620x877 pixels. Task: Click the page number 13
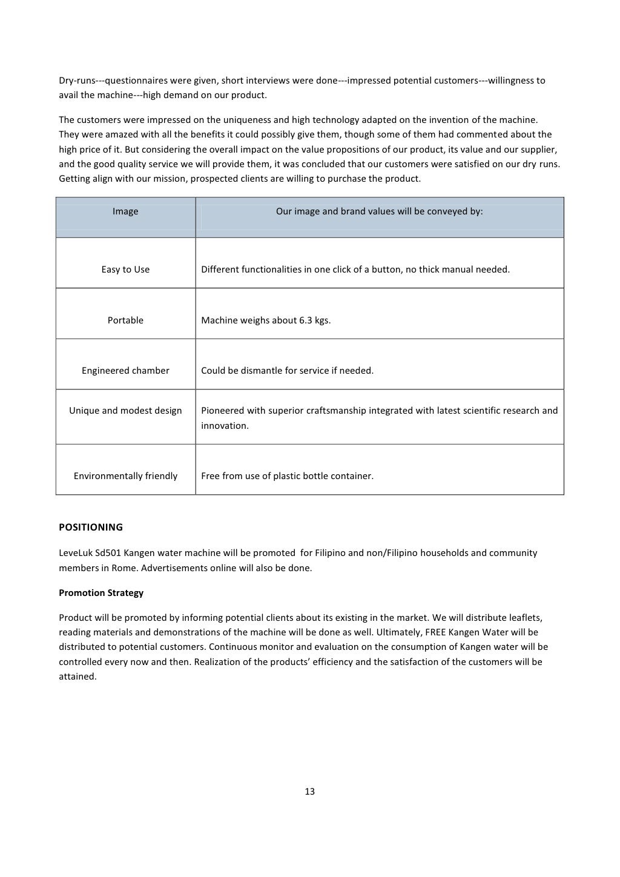[x=309, y=792]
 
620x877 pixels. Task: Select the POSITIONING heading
[x=90, y=527]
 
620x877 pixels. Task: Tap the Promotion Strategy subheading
[x=101, y=592]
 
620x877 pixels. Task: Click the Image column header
[x=125, y=211]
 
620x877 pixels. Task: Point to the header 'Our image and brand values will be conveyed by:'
[x=379, y=211]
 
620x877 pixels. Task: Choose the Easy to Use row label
[x=125, y=270]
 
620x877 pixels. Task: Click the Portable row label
[x=125, y=320]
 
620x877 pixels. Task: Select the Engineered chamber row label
[x=125, y=371]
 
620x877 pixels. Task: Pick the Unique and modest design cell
[x=125, y=411]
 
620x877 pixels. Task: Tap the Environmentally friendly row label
[x=125, y=476]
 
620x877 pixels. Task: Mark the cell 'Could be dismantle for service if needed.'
[x=287, y=371]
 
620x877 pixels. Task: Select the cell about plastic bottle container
[x=287, y=476]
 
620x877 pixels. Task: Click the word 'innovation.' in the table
[x=225, y=426]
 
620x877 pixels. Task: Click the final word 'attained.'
[x=77, y=677]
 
